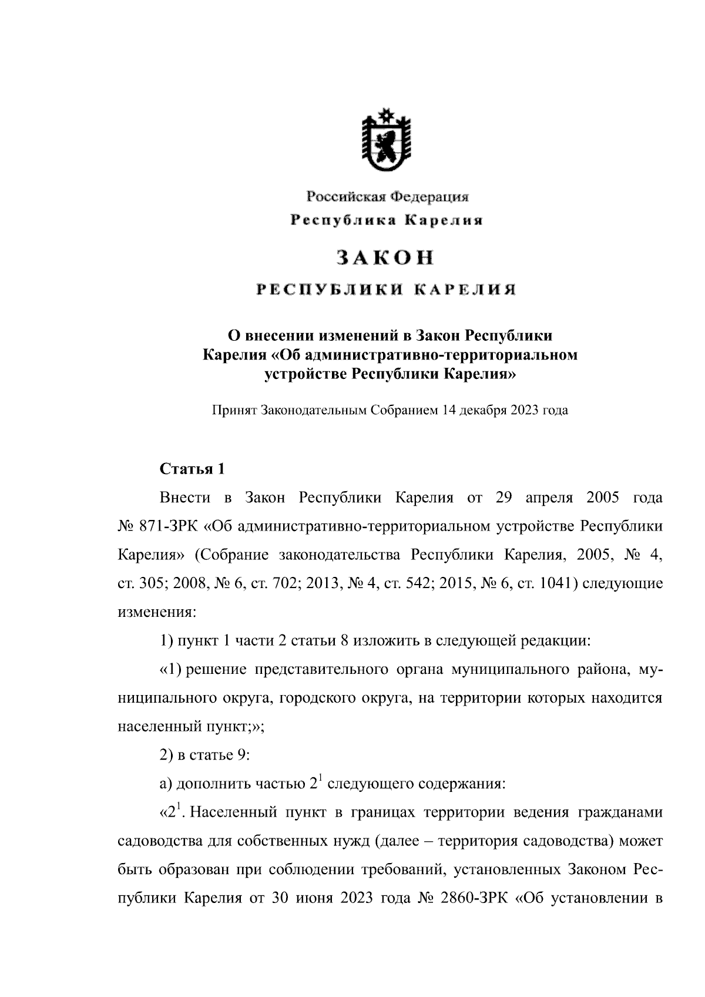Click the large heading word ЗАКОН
(385, 257)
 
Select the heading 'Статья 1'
(192, 469)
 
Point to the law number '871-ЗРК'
(170, 526)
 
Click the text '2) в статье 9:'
(205, 755)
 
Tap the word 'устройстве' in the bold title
(305, 374)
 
